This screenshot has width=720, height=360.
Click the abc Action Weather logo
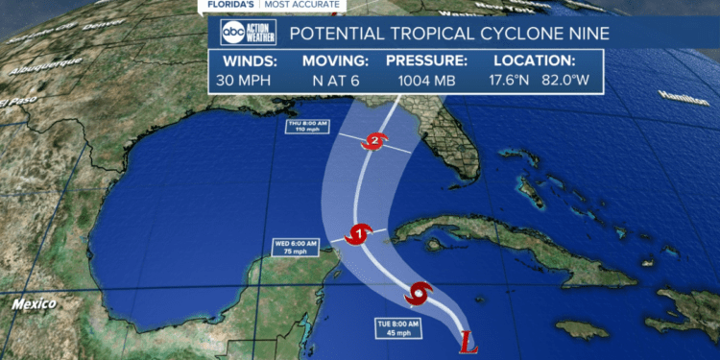click(247, 34)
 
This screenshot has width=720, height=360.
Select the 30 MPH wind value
click(246, 82)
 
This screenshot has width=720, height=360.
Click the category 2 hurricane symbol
click(373, 142)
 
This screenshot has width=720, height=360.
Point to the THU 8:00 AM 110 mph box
click(307, 129)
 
